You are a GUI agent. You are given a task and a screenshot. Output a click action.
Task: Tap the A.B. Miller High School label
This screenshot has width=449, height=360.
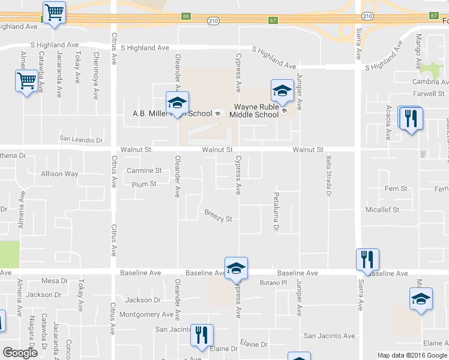coord(172,113)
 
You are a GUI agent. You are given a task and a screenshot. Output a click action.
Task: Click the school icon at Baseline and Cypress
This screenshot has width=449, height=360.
coord(236,269)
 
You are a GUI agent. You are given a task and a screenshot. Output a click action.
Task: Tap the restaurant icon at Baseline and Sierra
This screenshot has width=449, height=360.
coord(367,260)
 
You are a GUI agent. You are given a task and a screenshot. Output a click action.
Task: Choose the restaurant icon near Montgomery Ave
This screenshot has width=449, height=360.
coord(202,335)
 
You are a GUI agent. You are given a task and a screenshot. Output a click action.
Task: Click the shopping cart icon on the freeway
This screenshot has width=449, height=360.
coord(54,13)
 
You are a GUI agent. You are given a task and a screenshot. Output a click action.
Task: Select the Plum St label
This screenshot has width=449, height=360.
coord(144,184)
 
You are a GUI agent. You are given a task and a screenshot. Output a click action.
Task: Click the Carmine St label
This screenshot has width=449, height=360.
coord(145,171)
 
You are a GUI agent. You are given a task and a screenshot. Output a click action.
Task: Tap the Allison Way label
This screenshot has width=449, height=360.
coord(59,174)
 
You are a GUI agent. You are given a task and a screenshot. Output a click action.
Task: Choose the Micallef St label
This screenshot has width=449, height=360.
coord(382,210)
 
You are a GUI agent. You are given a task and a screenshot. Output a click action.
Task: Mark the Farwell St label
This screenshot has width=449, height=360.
coord(428,94)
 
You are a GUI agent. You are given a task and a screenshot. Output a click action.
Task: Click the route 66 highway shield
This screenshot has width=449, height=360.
coord(187,16)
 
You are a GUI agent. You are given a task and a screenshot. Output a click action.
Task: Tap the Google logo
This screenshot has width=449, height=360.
coord(20,353)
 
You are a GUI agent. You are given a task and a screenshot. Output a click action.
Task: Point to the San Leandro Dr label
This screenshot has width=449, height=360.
coord(81,140)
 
